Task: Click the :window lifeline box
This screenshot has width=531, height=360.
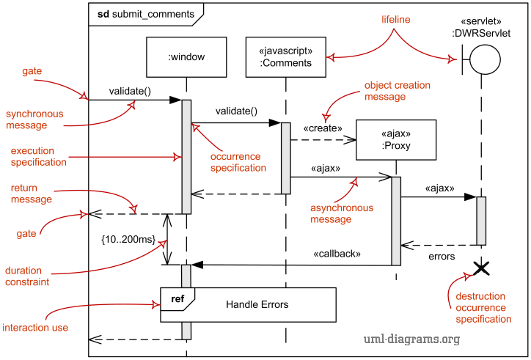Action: click(186, 57)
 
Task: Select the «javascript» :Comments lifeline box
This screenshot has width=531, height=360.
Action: click(285, 57)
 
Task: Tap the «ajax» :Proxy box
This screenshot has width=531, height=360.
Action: click(395, 140)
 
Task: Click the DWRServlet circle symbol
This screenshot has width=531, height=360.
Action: click(485, 58)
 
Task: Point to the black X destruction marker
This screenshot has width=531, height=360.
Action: click(481, 269)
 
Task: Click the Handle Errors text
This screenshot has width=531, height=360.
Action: click(257, 304)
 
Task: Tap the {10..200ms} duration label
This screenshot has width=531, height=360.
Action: click(128, 239)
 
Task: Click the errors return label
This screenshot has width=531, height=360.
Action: click(442, 257)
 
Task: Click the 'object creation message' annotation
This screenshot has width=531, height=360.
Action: click(397, 91)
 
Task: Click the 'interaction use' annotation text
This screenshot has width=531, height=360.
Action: click(35, 328)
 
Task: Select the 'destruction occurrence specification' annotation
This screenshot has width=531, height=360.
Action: click(483, 308)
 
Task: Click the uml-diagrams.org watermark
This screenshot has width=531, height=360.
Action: click(411, 339)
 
